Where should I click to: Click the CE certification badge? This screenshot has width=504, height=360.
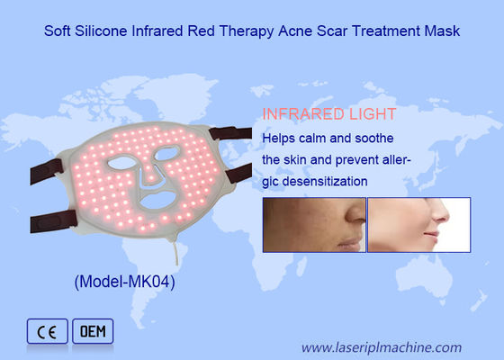click(45, 330)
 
